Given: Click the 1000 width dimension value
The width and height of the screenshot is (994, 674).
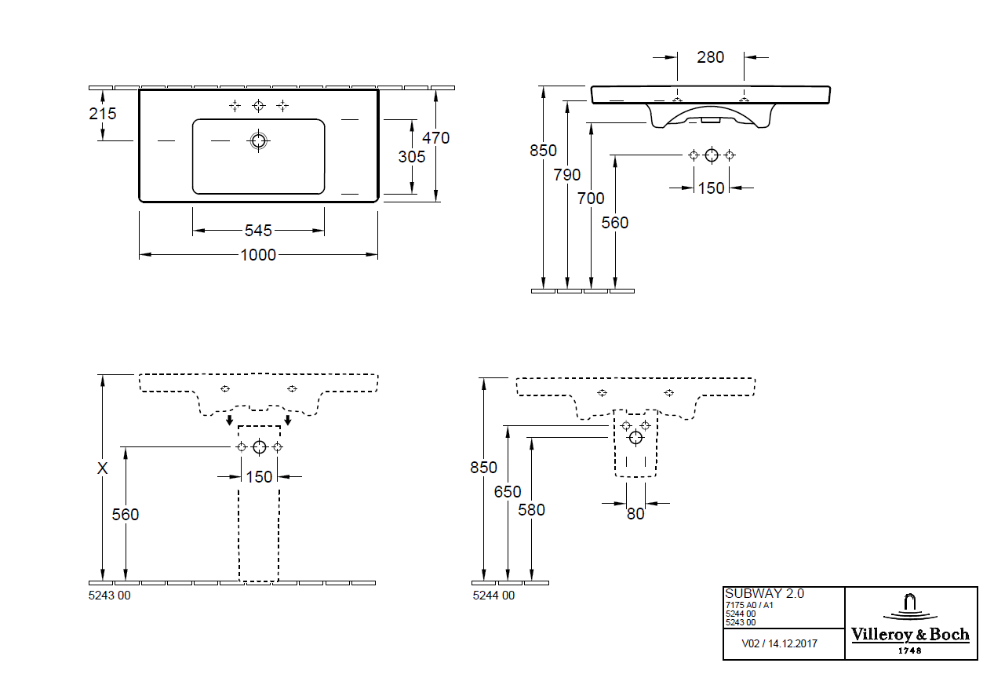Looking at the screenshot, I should tap(258, 255).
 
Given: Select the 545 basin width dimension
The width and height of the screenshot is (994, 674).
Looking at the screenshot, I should tap(258, 231).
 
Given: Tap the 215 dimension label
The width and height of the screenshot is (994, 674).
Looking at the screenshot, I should tap(103, 114).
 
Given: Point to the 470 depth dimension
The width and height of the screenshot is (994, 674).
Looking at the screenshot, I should tap(436, 138).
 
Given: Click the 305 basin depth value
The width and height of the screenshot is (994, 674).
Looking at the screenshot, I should tap(412, 157).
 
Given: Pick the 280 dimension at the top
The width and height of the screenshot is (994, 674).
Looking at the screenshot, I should tap(711, 57).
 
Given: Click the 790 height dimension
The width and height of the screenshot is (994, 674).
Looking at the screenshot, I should tap(567, 175).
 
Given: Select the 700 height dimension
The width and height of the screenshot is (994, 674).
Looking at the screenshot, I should tap(592, 199).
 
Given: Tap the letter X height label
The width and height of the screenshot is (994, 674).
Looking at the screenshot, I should tap(102, 469).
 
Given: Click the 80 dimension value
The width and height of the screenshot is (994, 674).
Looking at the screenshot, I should tap(635, 514).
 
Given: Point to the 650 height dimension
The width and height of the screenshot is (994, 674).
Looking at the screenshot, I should tap(508, 492).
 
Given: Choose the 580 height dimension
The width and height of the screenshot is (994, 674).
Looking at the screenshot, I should tap(532, 510).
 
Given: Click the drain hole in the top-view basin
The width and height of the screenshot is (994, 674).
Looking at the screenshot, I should tap(259, 141).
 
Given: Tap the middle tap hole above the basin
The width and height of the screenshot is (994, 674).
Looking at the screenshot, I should tap(259, 105).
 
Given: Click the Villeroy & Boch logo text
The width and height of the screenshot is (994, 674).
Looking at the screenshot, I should tap(911, 635).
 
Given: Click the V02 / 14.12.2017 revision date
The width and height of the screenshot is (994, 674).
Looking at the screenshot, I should tap(780, 643).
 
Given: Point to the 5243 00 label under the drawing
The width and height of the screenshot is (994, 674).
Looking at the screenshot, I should tap(110, 596).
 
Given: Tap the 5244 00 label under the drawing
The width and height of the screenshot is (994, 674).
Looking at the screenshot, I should tap(493, 596).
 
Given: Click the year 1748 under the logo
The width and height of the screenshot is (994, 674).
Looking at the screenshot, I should tap(910, 650).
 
